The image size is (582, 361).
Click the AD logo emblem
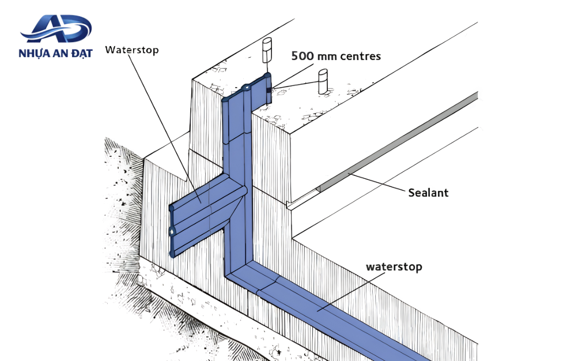pos(56,28)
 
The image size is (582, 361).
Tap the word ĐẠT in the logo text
pos(82,52)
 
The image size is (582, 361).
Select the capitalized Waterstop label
pos(132,50)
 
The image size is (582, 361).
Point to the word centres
pos(360,57)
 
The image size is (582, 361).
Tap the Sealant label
pos(428,193)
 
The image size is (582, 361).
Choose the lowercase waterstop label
pos(394,267)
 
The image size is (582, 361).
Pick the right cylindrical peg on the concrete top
pos(323,82)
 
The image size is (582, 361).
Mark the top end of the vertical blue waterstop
pos(247,88)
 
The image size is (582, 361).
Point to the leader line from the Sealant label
pos(376,183)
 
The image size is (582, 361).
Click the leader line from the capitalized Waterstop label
pos(165,129)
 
